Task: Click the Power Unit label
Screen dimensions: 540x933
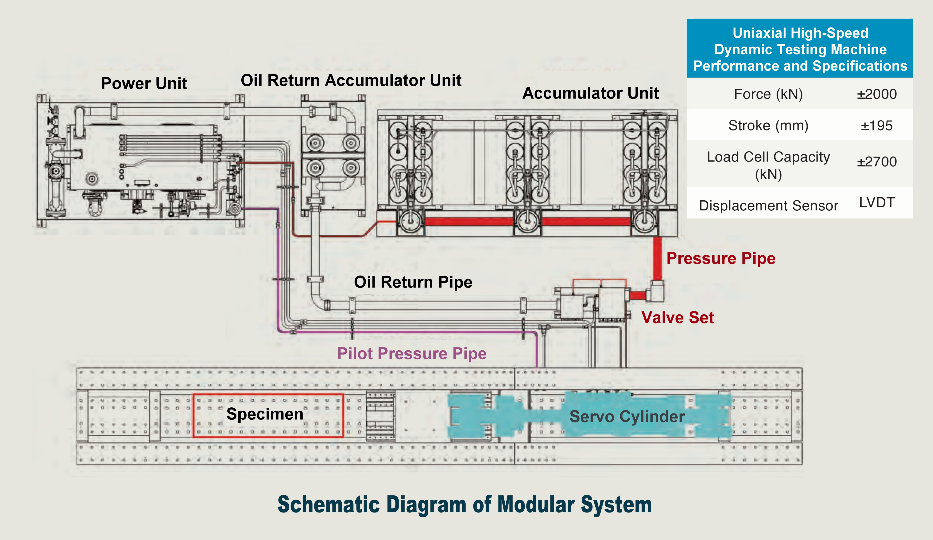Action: [144, 83]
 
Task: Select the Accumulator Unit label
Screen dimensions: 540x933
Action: [591, 93]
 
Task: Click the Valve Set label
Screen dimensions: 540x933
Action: [677, 318]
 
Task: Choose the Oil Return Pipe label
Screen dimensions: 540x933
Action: [413, 282]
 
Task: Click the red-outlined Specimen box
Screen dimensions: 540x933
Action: [268, 415]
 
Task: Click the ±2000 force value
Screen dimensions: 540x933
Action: [876, 94]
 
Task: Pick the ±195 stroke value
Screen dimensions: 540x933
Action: [876, 126]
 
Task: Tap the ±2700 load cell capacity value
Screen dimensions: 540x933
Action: [876, 162]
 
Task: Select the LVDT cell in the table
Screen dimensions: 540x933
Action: [876, 203]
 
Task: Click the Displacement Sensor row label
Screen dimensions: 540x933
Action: [768, 205]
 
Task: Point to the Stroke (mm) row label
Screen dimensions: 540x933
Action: [768, 126]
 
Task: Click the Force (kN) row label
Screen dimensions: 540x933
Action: [768, 94]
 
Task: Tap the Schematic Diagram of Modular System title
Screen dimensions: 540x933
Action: [465, 505]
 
